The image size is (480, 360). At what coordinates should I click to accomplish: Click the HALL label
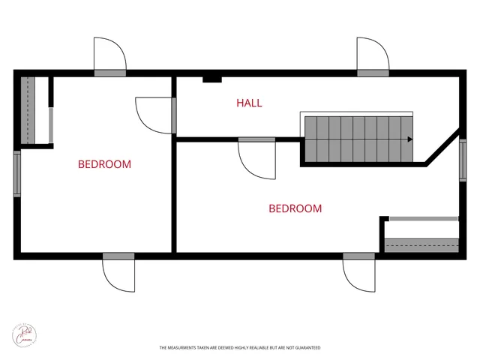(249, 103)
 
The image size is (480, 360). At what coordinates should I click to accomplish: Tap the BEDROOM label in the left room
(105, 164)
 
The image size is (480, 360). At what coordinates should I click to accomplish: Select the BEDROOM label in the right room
(295, 208)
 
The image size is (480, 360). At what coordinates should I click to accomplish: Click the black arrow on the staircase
(409, 139)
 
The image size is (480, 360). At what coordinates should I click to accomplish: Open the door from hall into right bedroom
(256, 157)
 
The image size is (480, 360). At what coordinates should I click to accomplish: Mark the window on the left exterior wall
(17, 174)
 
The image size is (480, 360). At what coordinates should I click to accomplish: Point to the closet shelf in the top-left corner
(28, 109)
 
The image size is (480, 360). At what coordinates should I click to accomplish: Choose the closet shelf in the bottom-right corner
(421, 244)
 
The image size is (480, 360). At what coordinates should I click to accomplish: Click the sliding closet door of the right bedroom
(423, 218)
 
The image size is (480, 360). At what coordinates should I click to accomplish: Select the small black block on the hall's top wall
(211, 79)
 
